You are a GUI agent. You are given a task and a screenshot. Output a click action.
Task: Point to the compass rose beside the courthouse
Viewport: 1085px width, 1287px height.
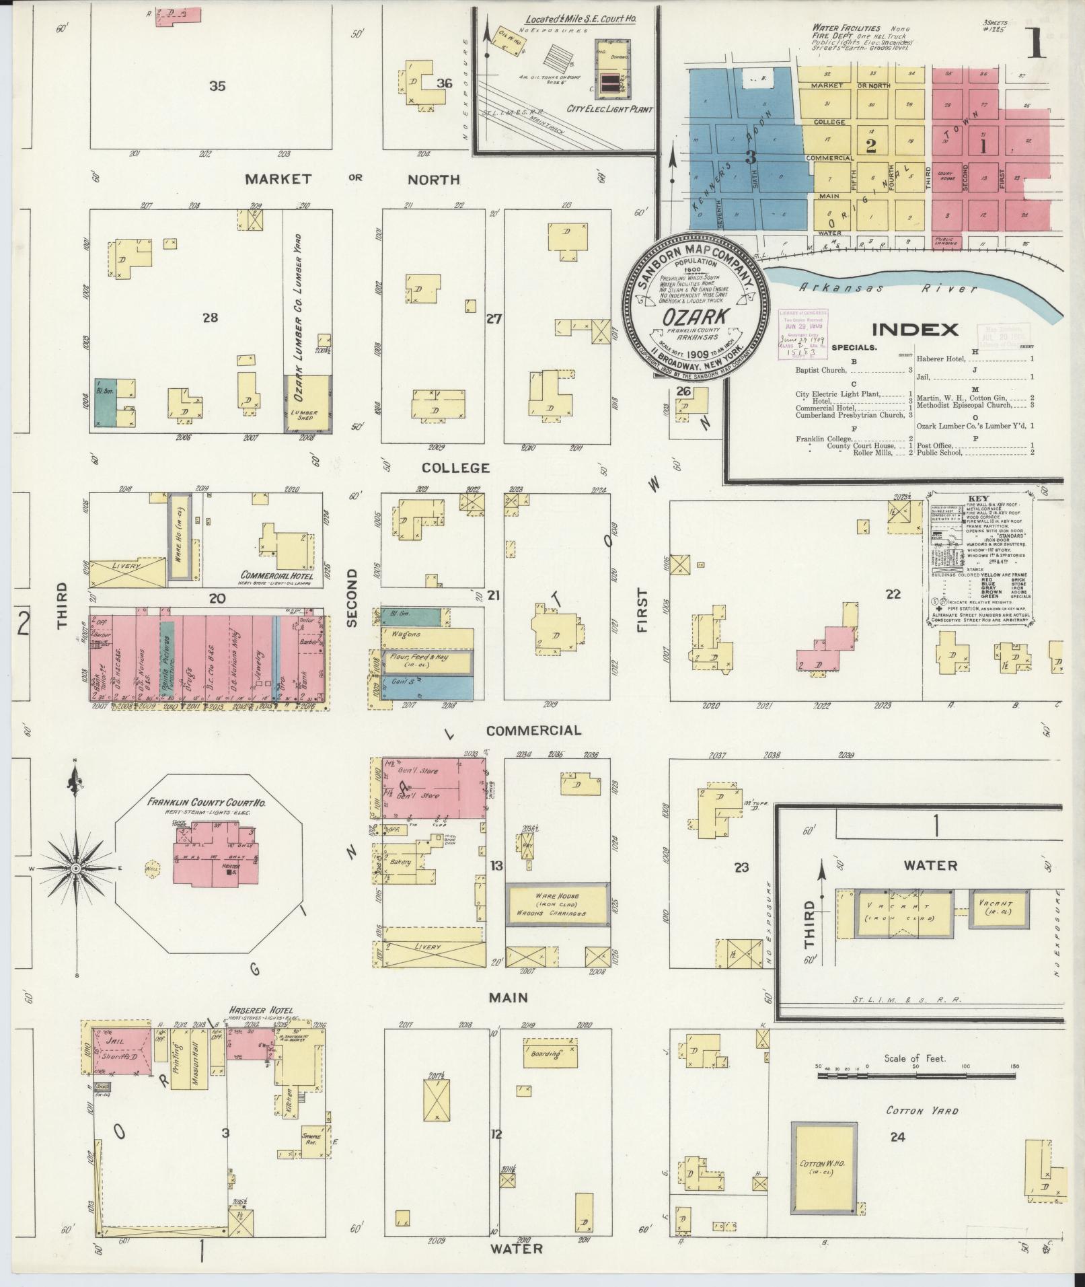[76, 869]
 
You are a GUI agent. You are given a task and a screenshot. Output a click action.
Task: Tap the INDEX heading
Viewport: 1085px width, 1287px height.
[915, 330]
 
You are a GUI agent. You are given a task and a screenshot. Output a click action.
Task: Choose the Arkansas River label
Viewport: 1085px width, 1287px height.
[887, 288]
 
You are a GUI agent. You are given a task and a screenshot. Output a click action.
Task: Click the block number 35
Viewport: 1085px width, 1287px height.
[217, 86]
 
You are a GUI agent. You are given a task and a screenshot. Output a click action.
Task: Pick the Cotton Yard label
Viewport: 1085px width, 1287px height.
[922, 1111]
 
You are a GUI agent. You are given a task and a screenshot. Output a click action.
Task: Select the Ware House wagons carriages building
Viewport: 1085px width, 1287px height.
[557, 904]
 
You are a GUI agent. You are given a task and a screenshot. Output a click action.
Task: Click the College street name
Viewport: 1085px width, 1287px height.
[455, 468]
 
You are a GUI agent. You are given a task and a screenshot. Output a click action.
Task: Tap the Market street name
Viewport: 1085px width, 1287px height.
[278, 179]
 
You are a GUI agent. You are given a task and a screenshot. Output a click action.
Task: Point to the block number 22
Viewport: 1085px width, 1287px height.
[893, 594]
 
